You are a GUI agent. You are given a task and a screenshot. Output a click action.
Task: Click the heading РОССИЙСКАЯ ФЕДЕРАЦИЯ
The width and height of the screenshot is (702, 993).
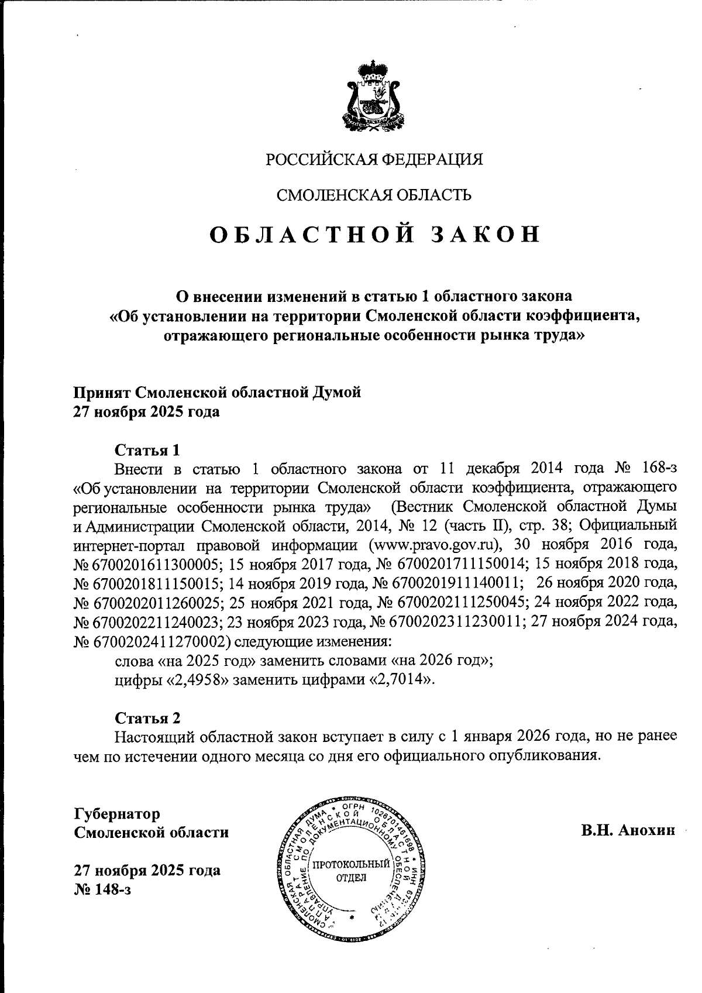pos(374,159)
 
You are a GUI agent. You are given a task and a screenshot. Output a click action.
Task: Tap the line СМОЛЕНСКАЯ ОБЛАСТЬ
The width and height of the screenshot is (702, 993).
pos(374,195)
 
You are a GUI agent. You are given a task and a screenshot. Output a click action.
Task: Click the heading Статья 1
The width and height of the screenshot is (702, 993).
pos(147,451)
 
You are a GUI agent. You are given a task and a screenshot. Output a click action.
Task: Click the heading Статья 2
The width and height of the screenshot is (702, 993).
pos(148,718)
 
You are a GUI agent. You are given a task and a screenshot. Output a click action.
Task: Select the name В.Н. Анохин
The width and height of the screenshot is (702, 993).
pos(628,831)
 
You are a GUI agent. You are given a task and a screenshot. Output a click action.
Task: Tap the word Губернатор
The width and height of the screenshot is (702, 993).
pos(116,813)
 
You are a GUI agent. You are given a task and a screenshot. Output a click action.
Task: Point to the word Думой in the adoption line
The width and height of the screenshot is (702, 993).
pos(337,392)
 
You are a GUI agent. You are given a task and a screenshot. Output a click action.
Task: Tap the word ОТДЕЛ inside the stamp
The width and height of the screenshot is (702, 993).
pos(351,877)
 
